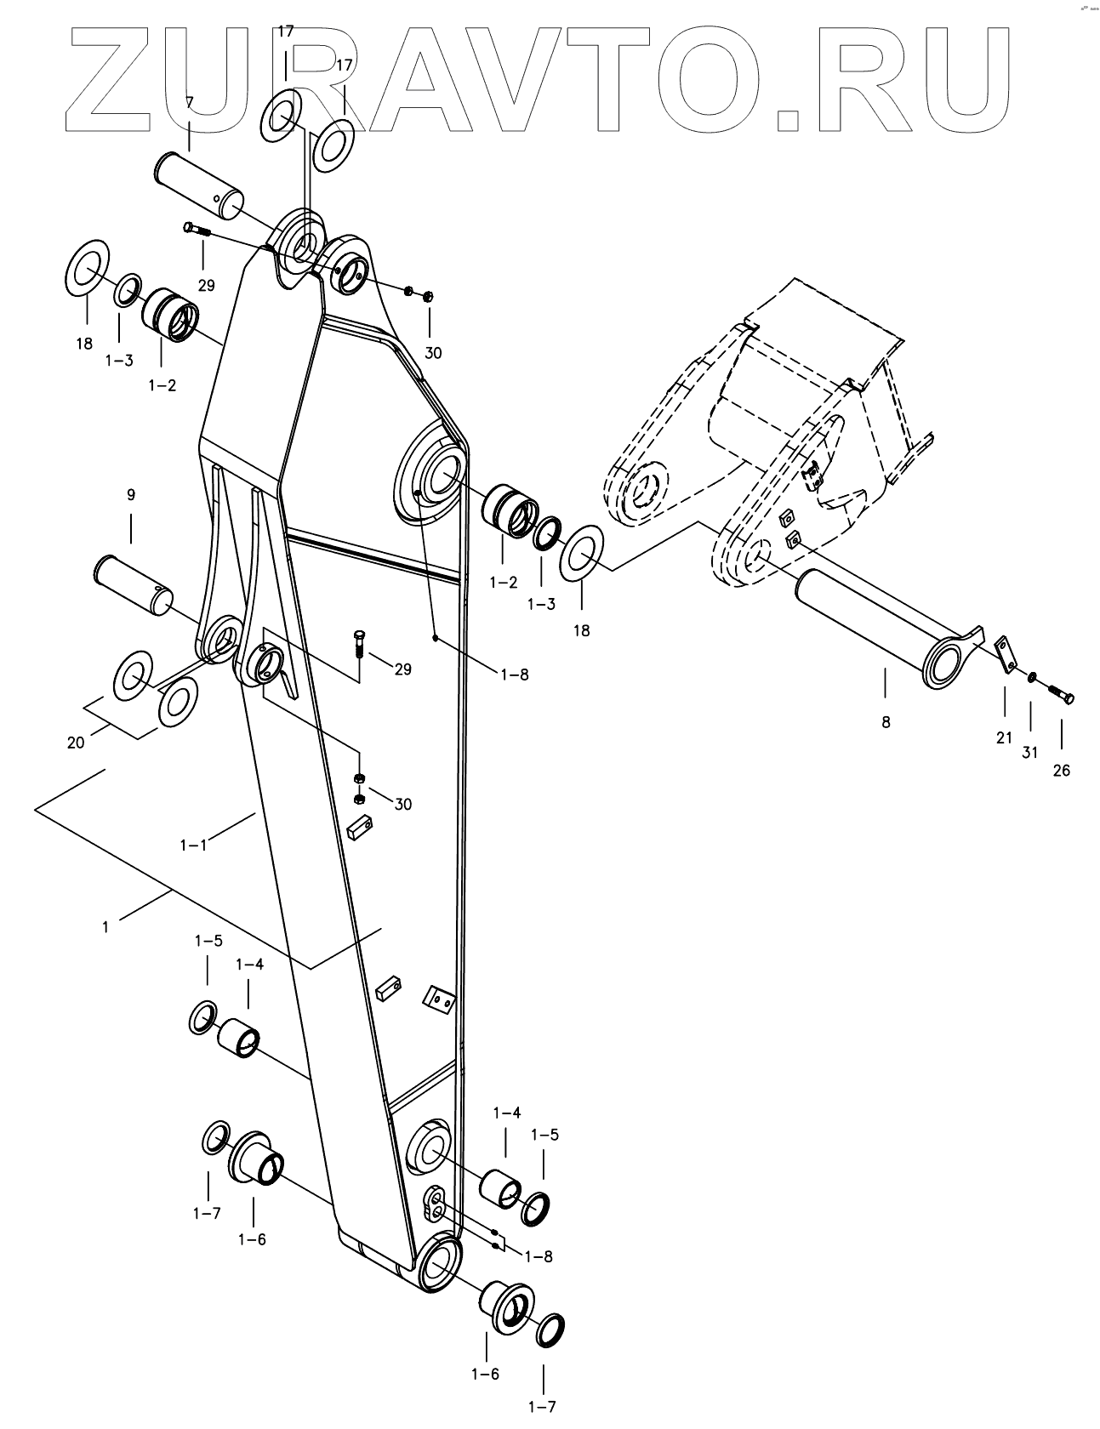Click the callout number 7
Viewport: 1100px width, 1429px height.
click(x=189, y=102)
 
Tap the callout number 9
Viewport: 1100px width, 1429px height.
click(x=131, y=494)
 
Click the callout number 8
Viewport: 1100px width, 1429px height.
click(x=886, y=722)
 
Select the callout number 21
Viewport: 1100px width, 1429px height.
click(x=1005, y=738)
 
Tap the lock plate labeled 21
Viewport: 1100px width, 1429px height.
click(x=1006, y=655)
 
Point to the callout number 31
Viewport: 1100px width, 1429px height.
click(x=1031, y=752)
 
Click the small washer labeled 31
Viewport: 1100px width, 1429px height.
click(x=1030, y=678)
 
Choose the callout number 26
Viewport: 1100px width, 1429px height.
click(x=1062, y=771)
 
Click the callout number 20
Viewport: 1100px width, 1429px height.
click(x=76, y=742)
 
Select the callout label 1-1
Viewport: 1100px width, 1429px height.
click(x=194, y=845)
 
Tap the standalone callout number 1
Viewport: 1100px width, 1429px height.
click(x=105, y=927)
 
